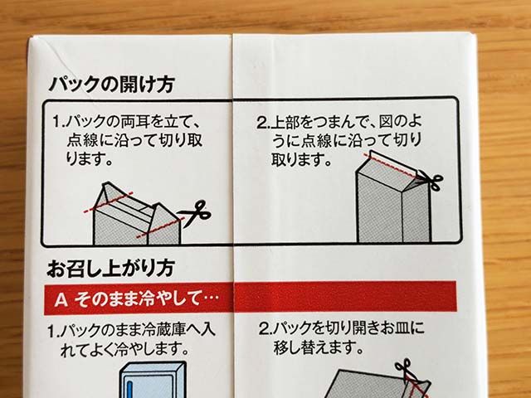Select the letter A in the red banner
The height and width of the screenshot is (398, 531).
60,297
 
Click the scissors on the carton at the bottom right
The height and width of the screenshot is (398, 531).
406,369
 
